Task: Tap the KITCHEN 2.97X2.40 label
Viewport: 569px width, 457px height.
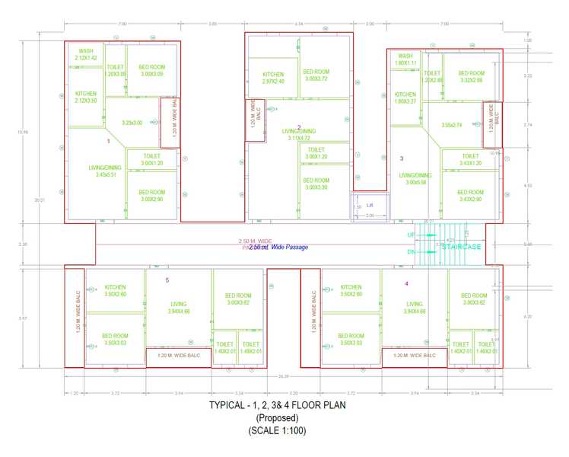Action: pyautogui.click(x=273, y=77)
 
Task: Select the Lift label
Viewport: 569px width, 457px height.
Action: pyautogui.click(x=370, y=205)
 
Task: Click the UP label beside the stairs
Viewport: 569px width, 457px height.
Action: pyautogui.click(x=411, y=235)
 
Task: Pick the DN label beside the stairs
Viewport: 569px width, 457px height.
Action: pyautogui.click(x=411, y=252)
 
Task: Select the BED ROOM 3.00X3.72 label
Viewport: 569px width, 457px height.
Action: pyautogui.click(x=316, y=75)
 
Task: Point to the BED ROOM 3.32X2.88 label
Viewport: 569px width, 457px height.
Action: pyautogui.click(x=472, y=77)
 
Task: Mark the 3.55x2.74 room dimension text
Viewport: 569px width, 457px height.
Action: pyautogui.click(x=452, y=125)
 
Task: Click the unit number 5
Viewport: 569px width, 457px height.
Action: pyautogui.click(x=167, y=280)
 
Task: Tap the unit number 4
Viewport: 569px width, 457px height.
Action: pyautogui.click(x=406, y=283)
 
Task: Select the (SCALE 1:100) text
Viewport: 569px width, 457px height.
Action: pyautogui.click(x=276, y=431)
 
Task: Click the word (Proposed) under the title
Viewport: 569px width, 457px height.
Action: pyautogui.click(x=276, y=418)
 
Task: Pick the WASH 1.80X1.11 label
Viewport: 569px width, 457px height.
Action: pyautogui.click(x=405, y=59)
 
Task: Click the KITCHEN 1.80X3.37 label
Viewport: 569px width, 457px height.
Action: pyautogui.click(x=405, y=97)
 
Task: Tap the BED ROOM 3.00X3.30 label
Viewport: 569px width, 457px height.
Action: pyautogui.click(x=316, y=184)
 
